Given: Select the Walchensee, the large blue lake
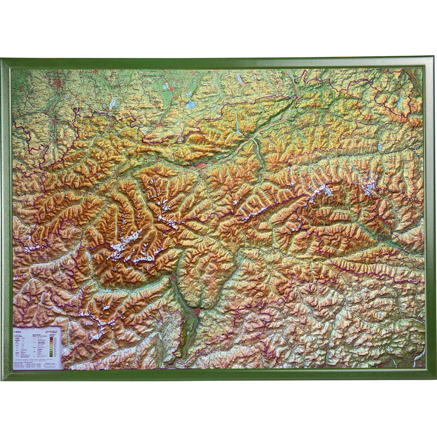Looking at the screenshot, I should coord(190,103).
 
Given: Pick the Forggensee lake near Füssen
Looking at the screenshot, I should coord(112,102).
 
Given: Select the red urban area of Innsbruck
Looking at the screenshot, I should coord(201,164).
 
